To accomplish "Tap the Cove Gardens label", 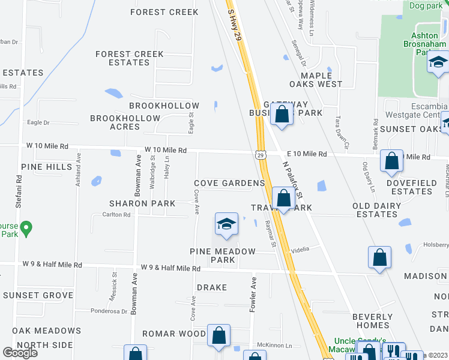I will point(229,183).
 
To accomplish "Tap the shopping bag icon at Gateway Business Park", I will point(281,114).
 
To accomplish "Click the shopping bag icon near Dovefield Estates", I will point(391,161).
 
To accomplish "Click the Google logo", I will point(20,352).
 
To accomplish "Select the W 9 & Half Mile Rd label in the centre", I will point(170,268).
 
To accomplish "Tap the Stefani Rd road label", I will point(19,187).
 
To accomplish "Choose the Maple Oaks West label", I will point(316,80).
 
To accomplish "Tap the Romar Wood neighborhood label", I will point(174,334).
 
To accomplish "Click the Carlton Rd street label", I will point(116,215).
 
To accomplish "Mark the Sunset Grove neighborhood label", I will point(38,295).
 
